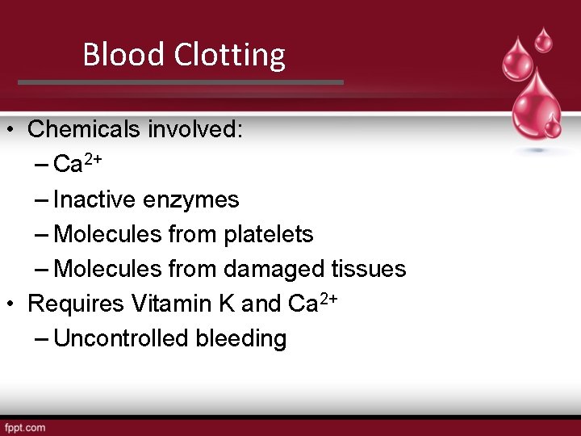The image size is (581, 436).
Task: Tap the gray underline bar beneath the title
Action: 181,82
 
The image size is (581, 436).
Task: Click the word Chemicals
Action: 88,129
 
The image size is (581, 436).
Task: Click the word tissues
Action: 369,269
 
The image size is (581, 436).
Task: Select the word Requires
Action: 76,304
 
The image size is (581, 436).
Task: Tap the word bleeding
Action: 241,338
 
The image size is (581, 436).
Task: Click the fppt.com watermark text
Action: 24,426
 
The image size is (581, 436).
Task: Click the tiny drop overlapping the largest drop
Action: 553,128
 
